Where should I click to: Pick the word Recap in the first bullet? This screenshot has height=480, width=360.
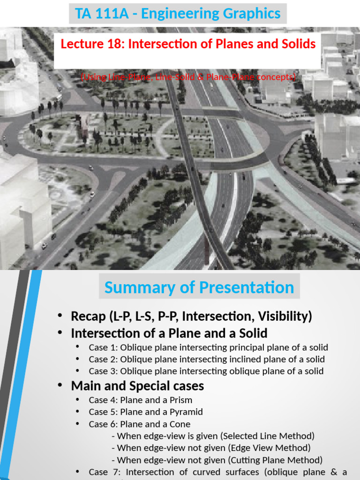89,316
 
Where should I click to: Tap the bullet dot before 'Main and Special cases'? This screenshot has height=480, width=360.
60,385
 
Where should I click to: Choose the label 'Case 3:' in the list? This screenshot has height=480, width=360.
103,371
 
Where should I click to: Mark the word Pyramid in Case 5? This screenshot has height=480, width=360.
186,412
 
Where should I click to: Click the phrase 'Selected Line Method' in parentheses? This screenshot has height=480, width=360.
273,436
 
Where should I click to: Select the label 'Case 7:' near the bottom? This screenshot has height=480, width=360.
105,472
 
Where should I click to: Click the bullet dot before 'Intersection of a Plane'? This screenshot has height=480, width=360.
60,333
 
